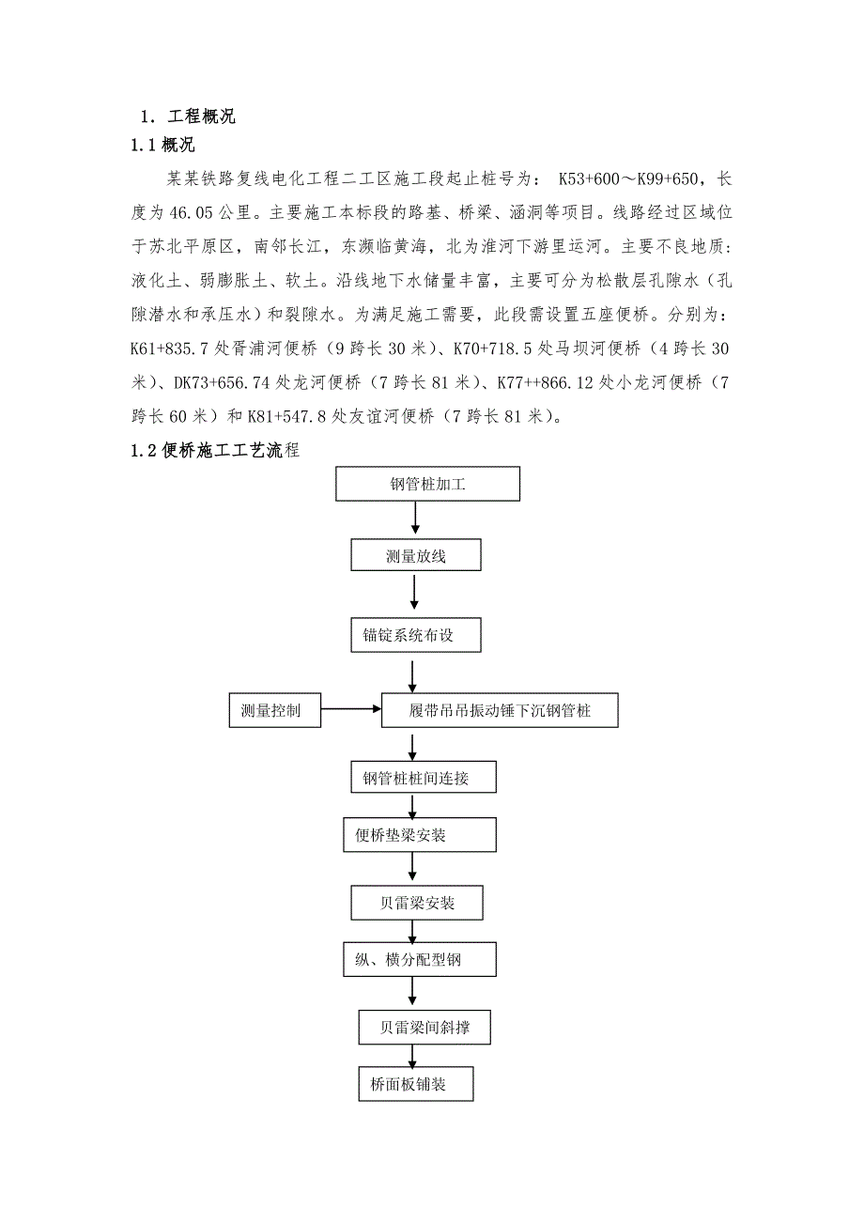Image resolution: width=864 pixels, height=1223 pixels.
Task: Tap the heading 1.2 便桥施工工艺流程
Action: (215, 451)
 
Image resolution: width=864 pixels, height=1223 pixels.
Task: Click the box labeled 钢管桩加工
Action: (427, 485)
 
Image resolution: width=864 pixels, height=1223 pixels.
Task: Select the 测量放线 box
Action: (415, 556)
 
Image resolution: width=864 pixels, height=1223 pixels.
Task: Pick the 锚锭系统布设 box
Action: (415, 635)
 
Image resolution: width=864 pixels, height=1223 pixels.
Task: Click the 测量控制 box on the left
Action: (274, 710)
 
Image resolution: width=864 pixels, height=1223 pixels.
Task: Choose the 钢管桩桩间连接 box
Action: (415, 778)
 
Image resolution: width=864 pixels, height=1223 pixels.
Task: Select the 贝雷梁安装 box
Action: (416, 903)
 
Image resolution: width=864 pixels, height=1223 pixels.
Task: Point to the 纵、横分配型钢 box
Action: (416, 960)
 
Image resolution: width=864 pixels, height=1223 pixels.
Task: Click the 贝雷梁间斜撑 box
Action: (424, 1028)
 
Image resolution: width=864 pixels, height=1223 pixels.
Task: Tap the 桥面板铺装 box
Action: (416, 1085)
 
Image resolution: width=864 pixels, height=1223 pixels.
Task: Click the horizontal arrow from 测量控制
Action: (350, 710)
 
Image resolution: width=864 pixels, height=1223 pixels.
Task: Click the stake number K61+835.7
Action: (172, 348)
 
